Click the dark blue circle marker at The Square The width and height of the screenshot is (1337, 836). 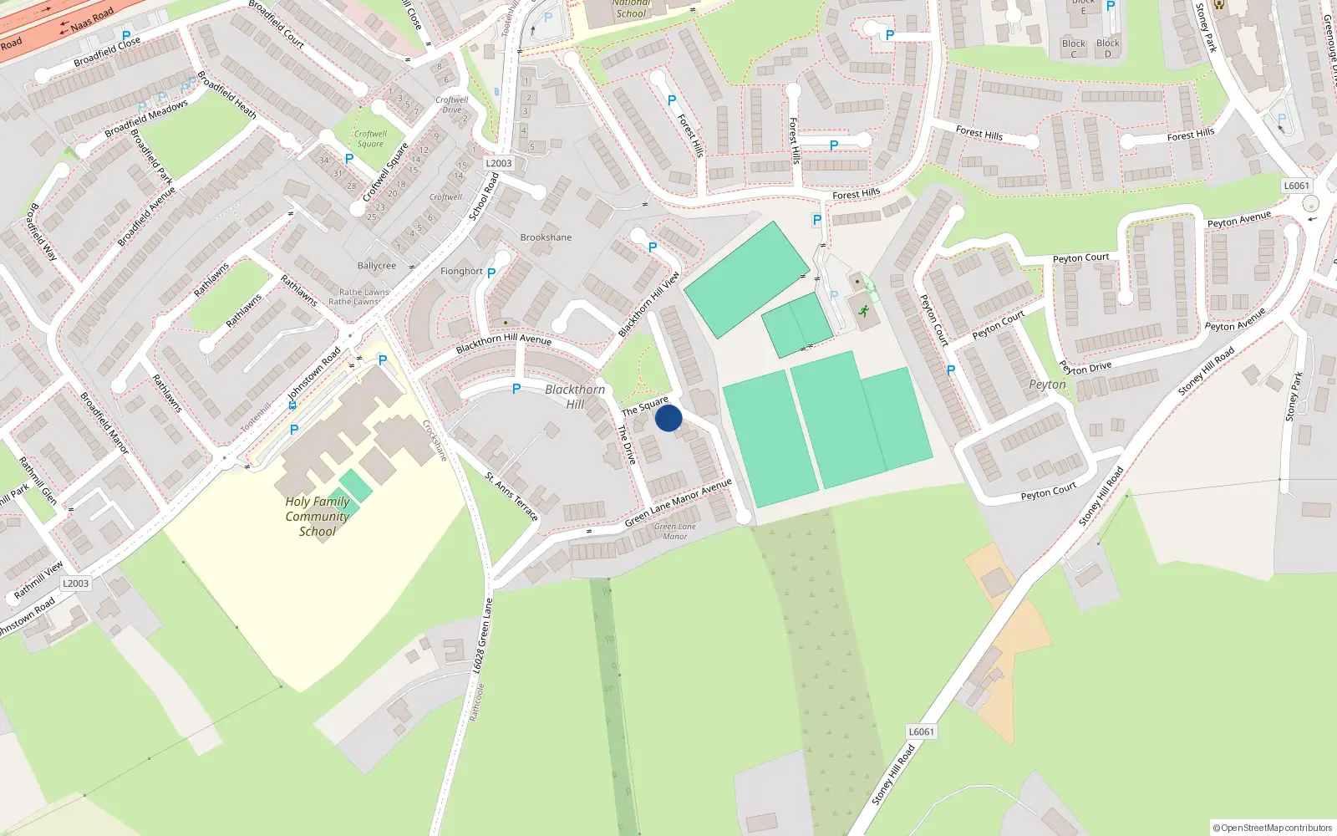[668, 418]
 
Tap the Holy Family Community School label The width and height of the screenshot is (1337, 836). [318, 517]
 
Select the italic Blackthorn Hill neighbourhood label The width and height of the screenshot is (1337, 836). [575, 397]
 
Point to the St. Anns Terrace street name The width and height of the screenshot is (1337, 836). [511, 497]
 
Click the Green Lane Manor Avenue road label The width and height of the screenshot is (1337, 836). [679, 503]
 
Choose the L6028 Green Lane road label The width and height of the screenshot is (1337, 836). [483, 636]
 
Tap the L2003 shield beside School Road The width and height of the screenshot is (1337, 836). [499, 164]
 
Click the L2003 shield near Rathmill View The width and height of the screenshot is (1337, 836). [75, 584]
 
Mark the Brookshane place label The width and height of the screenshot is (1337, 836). [546, 237]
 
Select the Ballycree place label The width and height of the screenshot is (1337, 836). [377, 266]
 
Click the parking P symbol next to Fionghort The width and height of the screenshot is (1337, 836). [491, 273]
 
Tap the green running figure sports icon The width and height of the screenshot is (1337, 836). [863, 312]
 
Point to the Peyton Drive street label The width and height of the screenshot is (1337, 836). [1085, 367]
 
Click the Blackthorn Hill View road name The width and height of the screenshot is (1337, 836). [648, 304]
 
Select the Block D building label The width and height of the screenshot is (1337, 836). [1108, 48]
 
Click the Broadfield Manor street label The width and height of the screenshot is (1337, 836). [104, 423]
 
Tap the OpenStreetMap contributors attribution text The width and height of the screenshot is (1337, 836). [1273, 828]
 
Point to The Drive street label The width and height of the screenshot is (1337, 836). [627, 445]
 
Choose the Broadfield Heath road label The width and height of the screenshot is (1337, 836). [227, 95]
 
